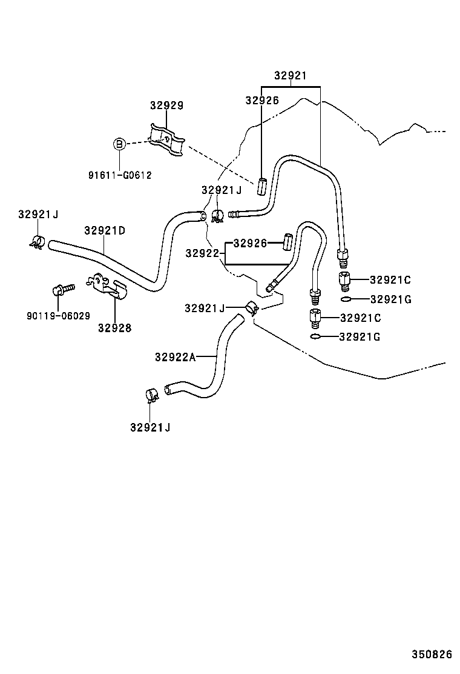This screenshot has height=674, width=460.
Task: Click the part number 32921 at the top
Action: coord(290,76)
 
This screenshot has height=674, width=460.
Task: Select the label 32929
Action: coord(166,105)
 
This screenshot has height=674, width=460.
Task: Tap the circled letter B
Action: coord(119,144)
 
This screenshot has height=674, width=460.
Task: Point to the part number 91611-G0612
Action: coord(119,175)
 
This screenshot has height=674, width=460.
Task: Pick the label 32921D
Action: coord(105,230)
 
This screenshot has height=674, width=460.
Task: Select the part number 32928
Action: coord(114,328)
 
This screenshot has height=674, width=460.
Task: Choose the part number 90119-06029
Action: coord(58,316)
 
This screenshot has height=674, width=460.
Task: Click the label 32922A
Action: coord(175,357)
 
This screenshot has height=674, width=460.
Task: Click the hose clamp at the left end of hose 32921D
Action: coord(37,241)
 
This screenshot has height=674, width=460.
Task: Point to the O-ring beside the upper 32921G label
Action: coord(345,299)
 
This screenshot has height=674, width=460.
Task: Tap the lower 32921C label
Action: coord(361,318)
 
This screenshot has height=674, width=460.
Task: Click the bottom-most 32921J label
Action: coord(149,427)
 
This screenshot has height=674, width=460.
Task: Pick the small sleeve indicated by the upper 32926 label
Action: coord(262,185)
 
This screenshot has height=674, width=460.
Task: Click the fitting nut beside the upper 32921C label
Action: coord(344,281)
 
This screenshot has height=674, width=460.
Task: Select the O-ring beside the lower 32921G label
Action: coord(315,337)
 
